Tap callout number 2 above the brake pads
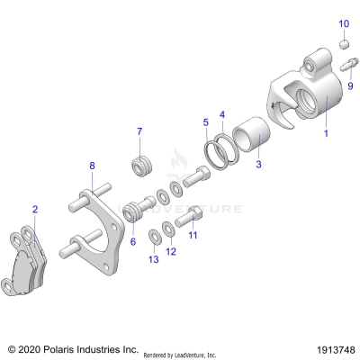34,209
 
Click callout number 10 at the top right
342,22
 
